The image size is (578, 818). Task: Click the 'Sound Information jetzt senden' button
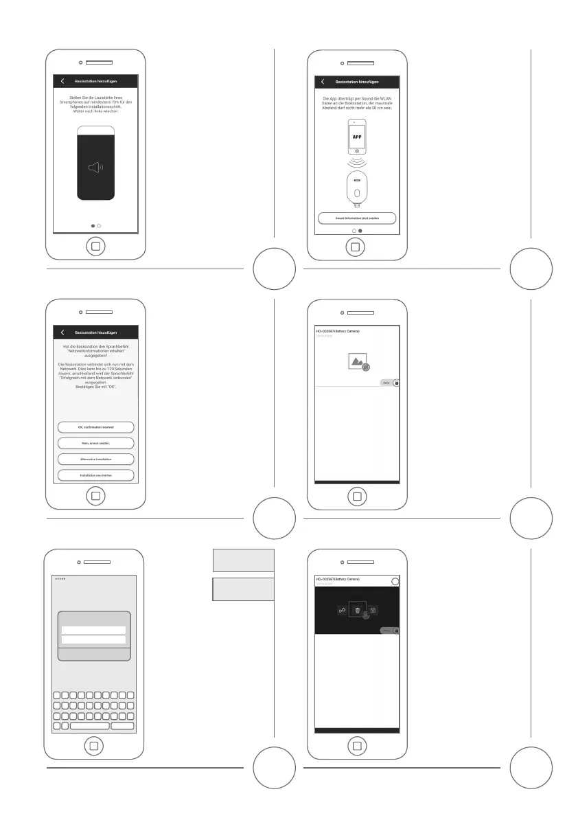pos(356,218)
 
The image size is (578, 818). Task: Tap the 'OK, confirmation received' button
pos(95,427)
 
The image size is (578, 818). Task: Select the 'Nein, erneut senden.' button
pos(95,443)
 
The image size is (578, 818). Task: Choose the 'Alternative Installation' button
pos(95,459)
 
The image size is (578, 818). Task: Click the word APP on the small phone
pos(356,136)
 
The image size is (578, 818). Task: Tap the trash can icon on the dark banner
pos(357,610)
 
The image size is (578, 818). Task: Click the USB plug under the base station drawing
pos(357,205)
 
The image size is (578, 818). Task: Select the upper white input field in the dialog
pos(93,630)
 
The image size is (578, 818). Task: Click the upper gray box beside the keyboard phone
pos(244,560)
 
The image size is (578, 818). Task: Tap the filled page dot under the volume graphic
pos(93,225)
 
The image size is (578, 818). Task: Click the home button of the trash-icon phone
pos(356,746)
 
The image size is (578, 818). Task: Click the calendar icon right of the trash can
pos(373,610)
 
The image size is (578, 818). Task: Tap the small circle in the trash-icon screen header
pos(394,582)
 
